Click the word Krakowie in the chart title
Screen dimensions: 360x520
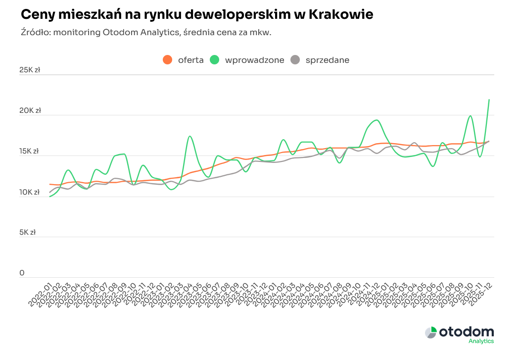[341, 15]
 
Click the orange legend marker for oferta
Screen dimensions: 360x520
[168, 60]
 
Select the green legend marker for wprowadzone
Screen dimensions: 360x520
[215, 60]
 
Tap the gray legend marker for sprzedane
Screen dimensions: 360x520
[295, 60]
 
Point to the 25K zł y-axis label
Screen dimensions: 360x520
[30, 70]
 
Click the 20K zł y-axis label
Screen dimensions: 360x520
[30, 111]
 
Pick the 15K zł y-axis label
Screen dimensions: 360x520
[30, 152]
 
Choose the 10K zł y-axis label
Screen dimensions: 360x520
[30, 192]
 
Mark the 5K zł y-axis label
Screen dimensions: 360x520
[28, 232]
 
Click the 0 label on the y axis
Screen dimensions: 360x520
[22, 273]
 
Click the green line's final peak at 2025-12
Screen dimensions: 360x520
[489, 100]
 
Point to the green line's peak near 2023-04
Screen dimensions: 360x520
[189, 136]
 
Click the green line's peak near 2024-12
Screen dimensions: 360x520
[377, 120]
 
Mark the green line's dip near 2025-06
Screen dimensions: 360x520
[433, 166]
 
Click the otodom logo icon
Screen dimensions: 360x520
[430, 332]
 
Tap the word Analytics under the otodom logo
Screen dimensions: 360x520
[481, 341]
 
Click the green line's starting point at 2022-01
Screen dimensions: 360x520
[50, 197]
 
